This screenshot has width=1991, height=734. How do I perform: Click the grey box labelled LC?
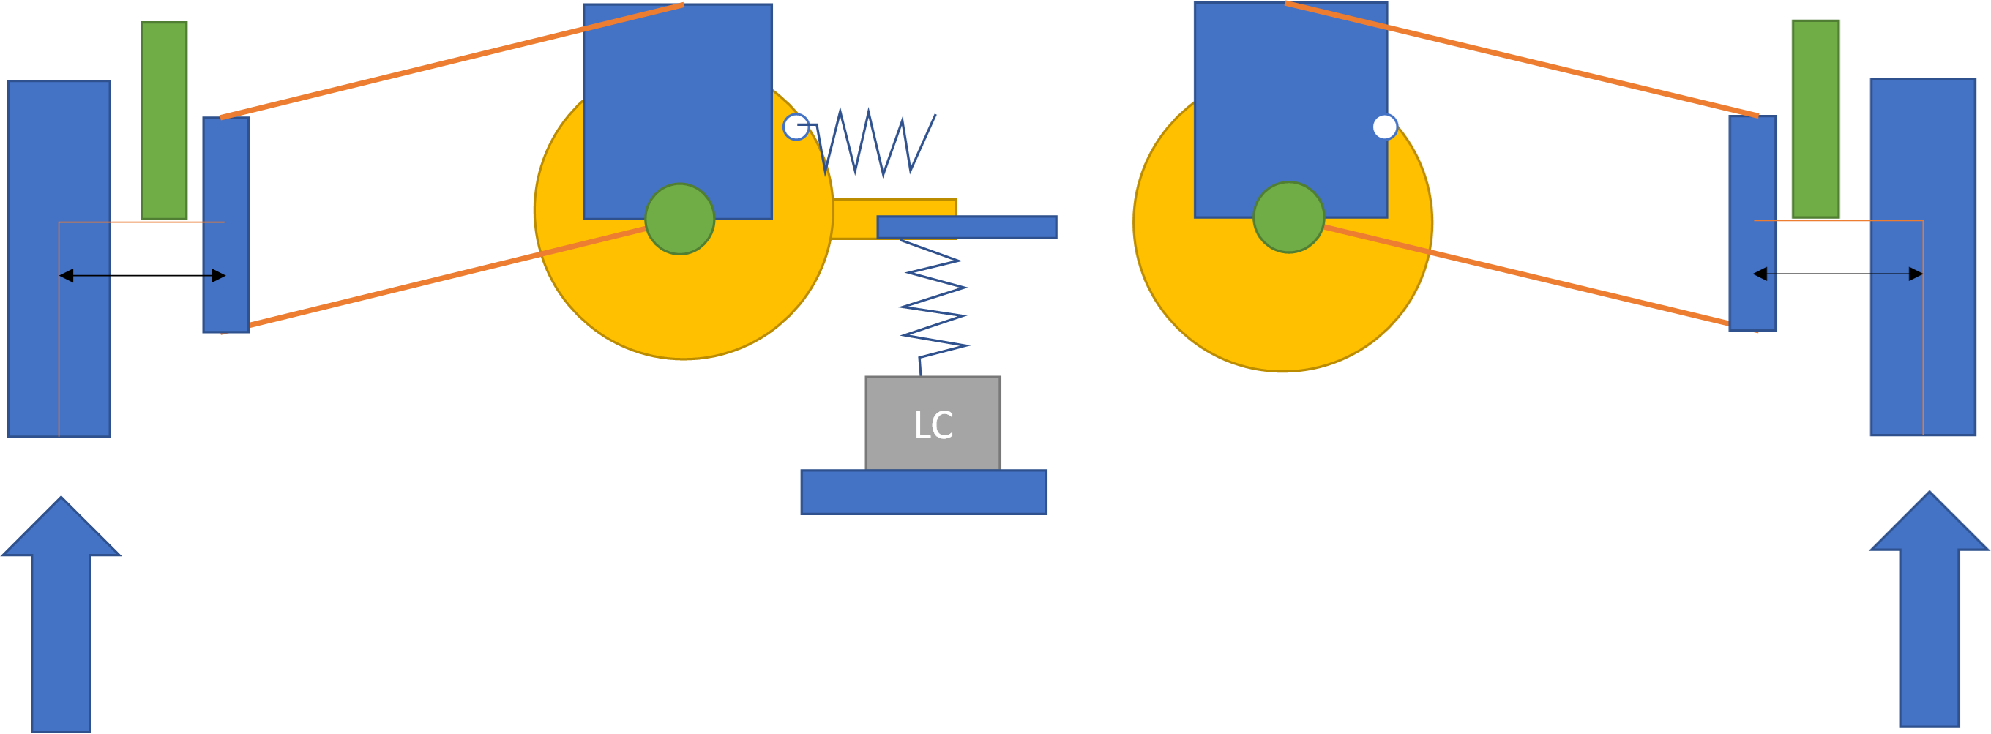(x=933, y=423)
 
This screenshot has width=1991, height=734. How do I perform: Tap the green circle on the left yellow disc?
(x=679, y=219)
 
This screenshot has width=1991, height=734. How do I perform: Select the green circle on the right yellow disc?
(x=1288, y=217)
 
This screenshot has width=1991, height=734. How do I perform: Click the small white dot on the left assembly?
(x=796, y=127)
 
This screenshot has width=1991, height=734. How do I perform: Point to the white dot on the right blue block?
(x=1385, y=127)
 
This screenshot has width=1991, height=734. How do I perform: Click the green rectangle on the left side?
(x=164, y=120)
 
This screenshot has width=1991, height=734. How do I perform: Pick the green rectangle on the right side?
(x=1815, y=119)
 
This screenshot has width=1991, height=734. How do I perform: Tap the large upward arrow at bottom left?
(x=61, y=618)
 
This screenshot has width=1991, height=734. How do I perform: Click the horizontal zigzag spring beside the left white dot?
(x=877, y=143)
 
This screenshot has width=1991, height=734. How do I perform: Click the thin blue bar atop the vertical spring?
(x=967, y=227)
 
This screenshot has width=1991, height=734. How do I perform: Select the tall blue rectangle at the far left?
(x=59, y=259)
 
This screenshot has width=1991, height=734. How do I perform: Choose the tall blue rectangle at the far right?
(x=1923, y=258)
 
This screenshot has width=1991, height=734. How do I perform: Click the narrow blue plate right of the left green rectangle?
(x=225, y=224)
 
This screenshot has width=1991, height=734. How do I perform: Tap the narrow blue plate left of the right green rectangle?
(x=1753, y=222)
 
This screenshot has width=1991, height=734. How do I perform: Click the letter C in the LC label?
(x=944, y=425)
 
